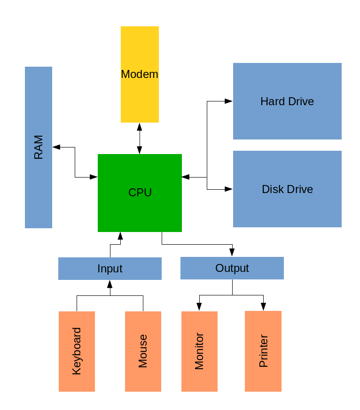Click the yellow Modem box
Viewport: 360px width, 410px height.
[140, 74]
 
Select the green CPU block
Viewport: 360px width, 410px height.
[140, 193]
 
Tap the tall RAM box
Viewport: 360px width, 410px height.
[39, 147]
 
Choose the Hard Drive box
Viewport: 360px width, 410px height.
[287, 101]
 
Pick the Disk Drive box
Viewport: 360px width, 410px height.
[287, 189]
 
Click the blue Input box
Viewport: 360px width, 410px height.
[110, 268]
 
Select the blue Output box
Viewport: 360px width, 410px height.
[232, 268]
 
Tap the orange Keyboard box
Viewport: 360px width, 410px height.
[77, 351]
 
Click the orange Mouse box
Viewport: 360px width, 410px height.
[143, 351]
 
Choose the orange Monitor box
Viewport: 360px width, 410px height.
[199, 351]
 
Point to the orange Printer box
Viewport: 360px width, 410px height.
[263, 351]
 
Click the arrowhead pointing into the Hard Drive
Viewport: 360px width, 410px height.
[229, 101]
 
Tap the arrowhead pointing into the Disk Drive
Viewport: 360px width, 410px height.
[229, 189]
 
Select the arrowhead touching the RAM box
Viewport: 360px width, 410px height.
[56, 147]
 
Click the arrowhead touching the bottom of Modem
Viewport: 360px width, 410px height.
[140, 127]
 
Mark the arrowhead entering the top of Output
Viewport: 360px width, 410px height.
[232, 253]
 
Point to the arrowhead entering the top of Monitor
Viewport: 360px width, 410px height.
[199, 307]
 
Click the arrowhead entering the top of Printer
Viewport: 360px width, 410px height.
[263, 307]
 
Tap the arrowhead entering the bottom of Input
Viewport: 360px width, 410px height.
[110, 284]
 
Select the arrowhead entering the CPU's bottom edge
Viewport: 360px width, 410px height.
[120, 236]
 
